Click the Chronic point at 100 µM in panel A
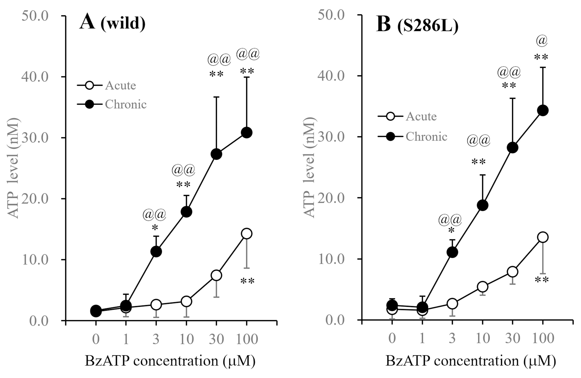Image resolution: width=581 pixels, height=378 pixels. coord(247,132)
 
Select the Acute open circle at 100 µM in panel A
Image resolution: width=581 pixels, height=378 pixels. coord(247,234)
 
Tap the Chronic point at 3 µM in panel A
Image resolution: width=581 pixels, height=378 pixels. coord(156,251)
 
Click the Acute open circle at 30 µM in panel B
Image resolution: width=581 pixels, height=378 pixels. coord(513,272)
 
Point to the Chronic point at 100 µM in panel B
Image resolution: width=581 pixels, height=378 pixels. coord(543,110)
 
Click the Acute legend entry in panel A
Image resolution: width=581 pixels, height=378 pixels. coord(107,86)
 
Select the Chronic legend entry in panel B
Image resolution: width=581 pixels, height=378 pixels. coord(412,137)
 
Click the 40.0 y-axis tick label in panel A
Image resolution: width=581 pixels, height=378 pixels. coord(35,77)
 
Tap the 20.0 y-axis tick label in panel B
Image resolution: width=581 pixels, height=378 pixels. coord(331,198)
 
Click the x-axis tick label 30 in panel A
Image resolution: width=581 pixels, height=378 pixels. coord(216,339)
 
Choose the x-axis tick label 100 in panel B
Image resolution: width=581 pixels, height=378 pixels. coord(543,338)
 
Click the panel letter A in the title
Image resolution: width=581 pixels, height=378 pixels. coord(87,22)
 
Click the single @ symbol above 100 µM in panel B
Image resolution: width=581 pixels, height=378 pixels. coord(542,41)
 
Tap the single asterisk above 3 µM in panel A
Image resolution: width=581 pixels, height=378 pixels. coord(155,228)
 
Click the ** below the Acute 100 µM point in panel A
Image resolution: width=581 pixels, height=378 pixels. coord(247,281)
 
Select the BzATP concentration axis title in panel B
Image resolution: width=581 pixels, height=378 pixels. coord(471,361)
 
